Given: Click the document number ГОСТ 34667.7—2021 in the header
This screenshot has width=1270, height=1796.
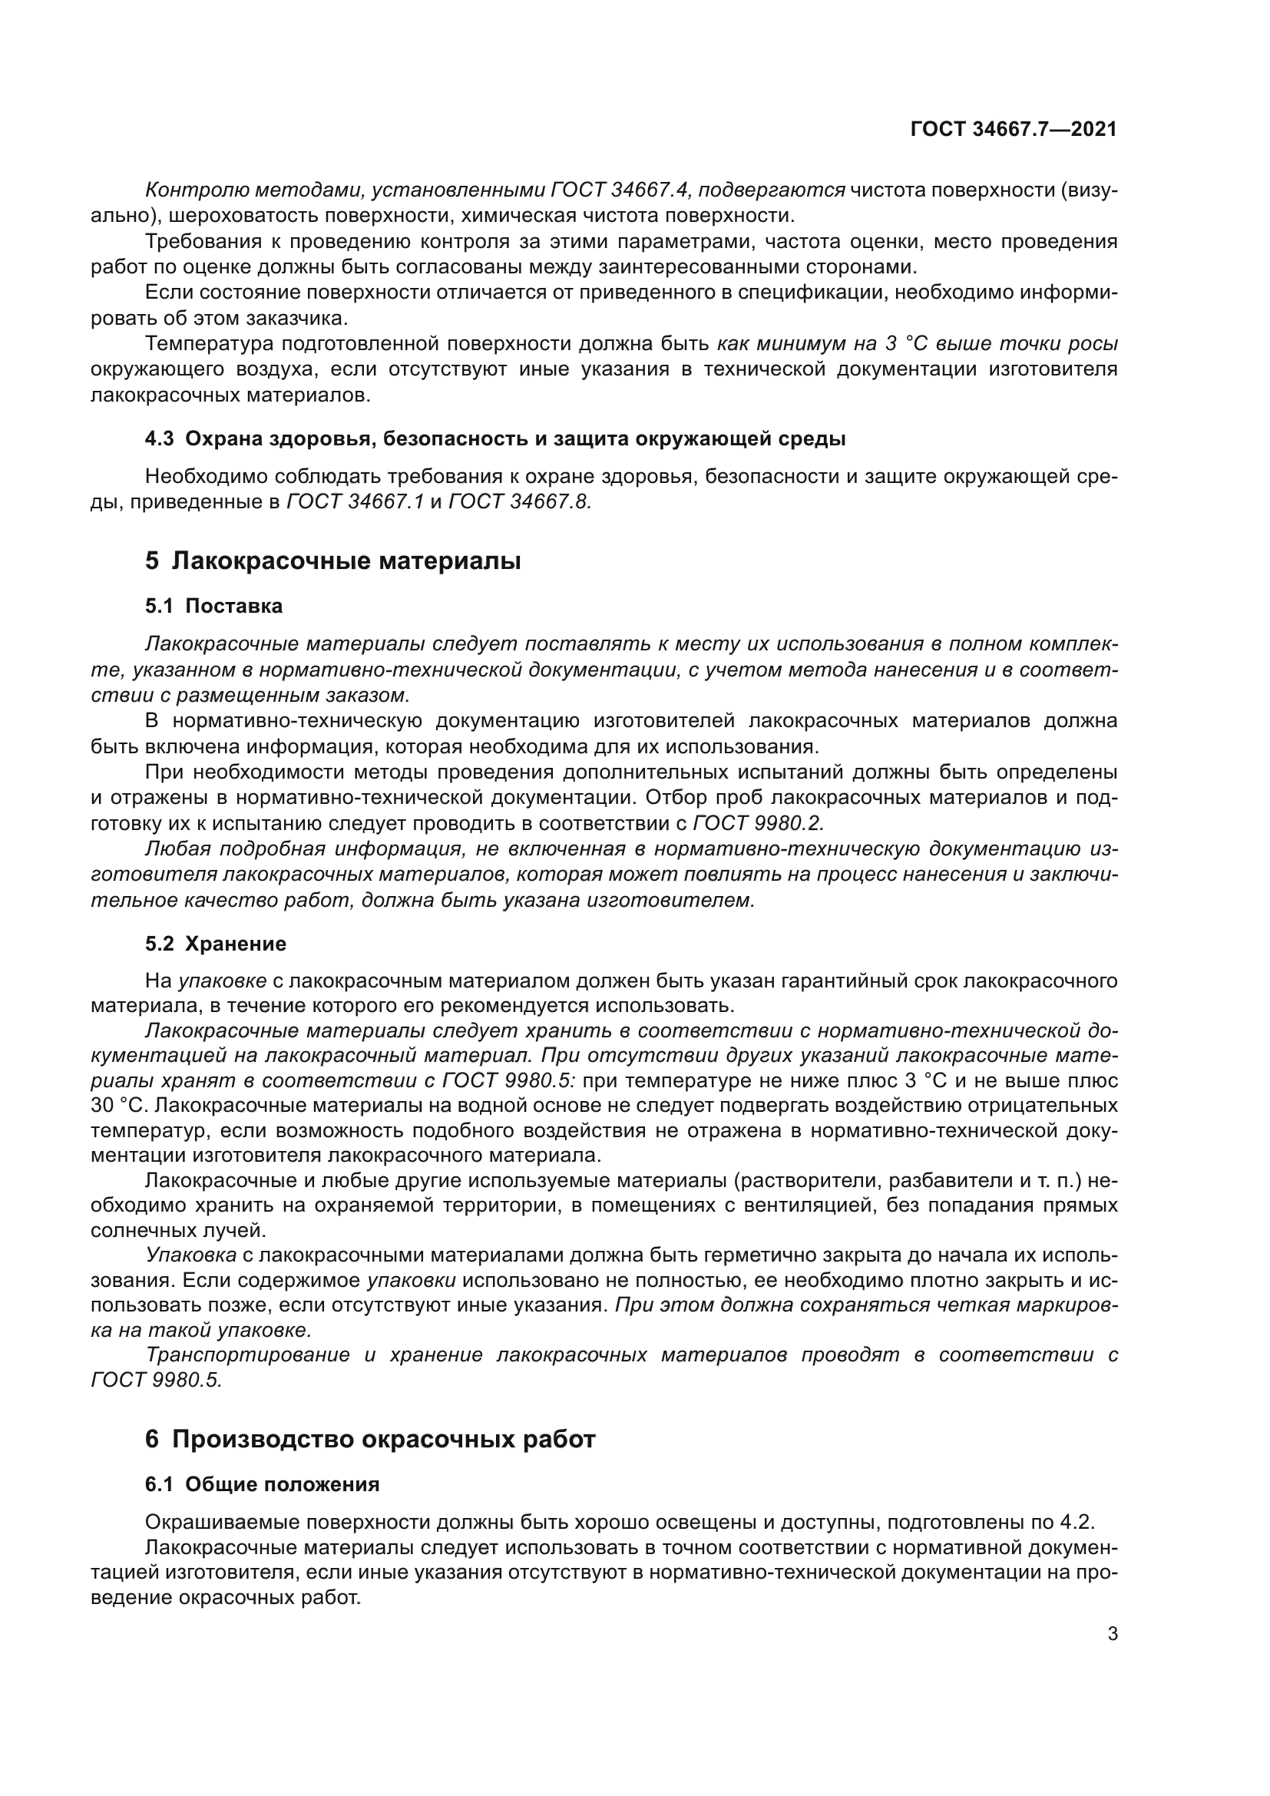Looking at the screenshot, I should coord(1014,129).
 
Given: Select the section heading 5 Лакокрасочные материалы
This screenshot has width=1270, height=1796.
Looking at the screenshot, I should coord(333,561).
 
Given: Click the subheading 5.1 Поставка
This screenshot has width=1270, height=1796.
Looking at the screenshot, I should coord(213,607).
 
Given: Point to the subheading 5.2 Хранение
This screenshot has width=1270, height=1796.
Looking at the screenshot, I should coord(216,944).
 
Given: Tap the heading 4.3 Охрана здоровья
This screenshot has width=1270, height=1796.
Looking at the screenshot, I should coord(494,439).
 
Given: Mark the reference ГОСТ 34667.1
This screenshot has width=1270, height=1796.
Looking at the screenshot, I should coord(356,501).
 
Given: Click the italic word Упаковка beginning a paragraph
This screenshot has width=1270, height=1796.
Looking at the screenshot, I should coord(192,1255).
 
